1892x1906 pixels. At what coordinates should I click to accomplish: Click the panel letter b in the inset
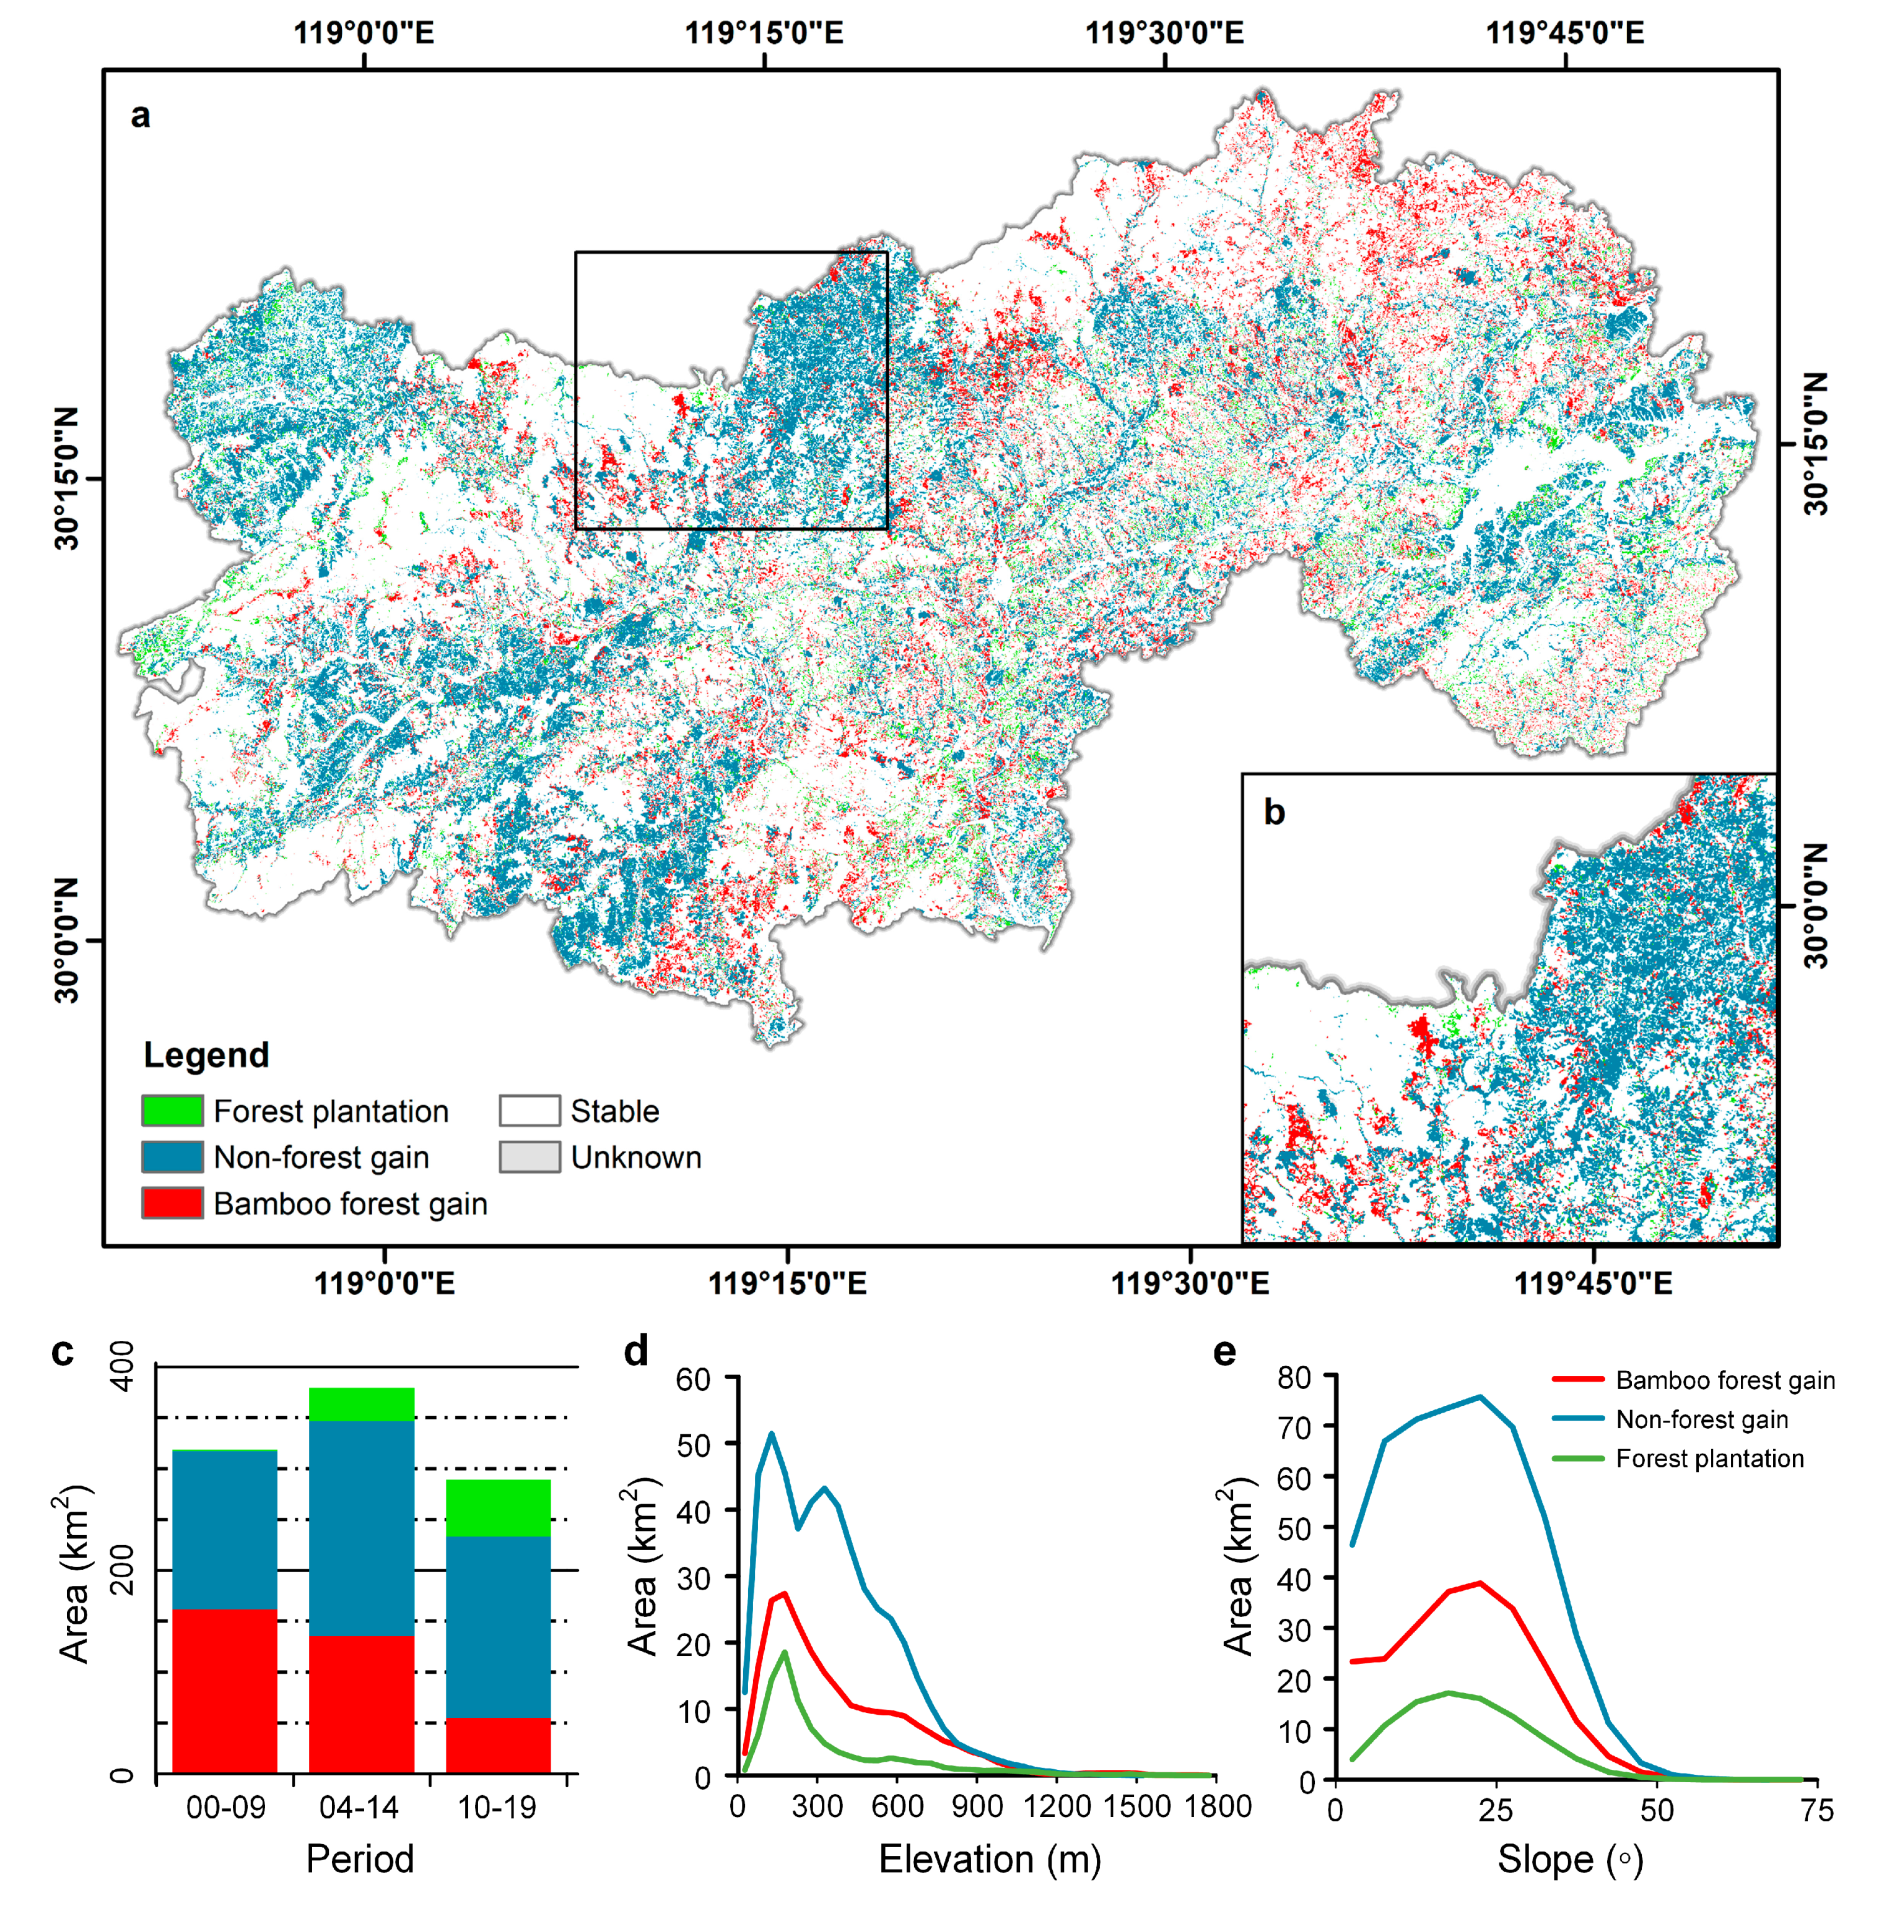tap(1274, 812)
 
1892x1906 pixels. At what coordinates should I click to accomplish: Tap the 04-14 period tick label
tap(359, 1808)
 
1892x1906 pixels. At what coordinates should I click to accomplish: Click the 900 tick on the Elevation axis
tap(978, 1806)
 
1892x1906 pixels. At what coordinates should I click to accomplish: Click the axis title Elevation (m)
tap(990, 1859)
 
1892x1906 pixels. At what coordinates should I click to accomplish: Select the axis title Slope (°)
tap(1569, 1860)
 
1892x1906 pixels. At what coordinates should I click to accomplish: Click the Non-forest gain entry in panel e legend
tap(1701, 1419)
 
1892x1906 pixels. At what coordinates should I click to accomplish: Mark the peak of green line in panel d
tap(785, 1652)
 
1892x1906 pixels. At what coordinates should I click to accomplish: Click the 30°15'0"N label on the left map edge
tap(66, 479)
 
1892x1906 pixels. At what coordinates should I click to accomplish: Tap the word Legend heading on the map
tap(206, 1055)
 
